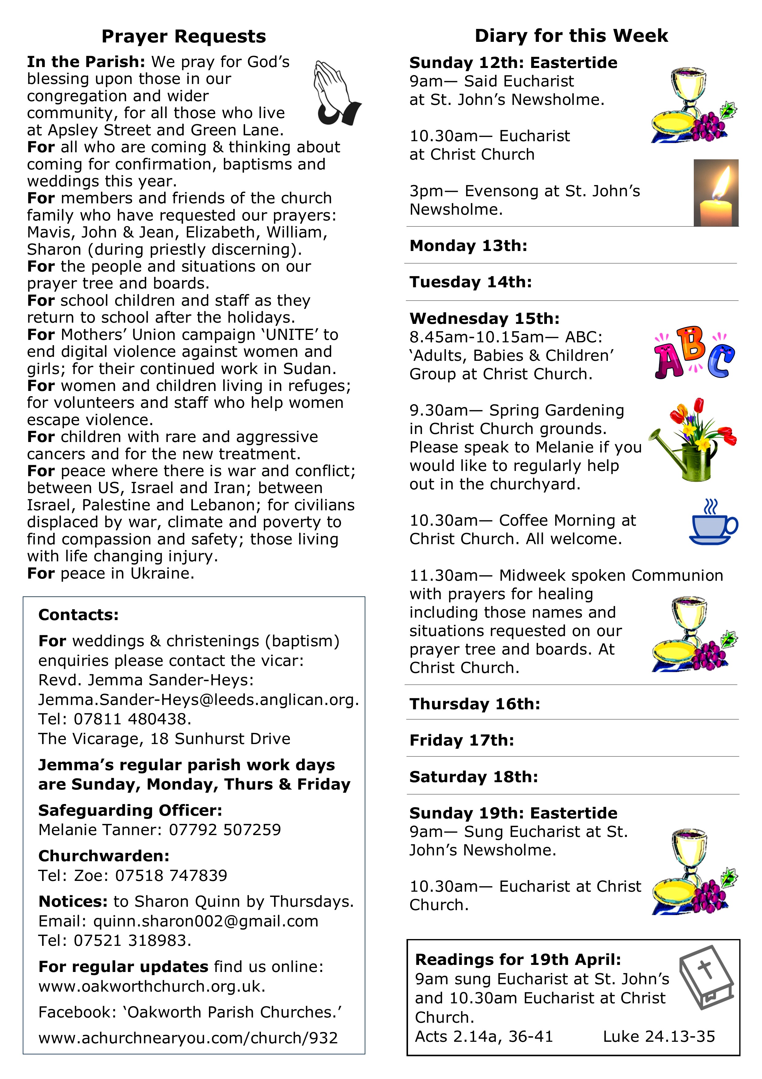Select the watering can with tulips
[693, 440]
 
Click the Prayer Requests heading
[183, 36]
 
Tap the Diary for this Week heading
[571, 36]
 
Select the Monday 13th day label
[468, 245]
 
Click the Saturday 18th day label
[473, 777]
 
